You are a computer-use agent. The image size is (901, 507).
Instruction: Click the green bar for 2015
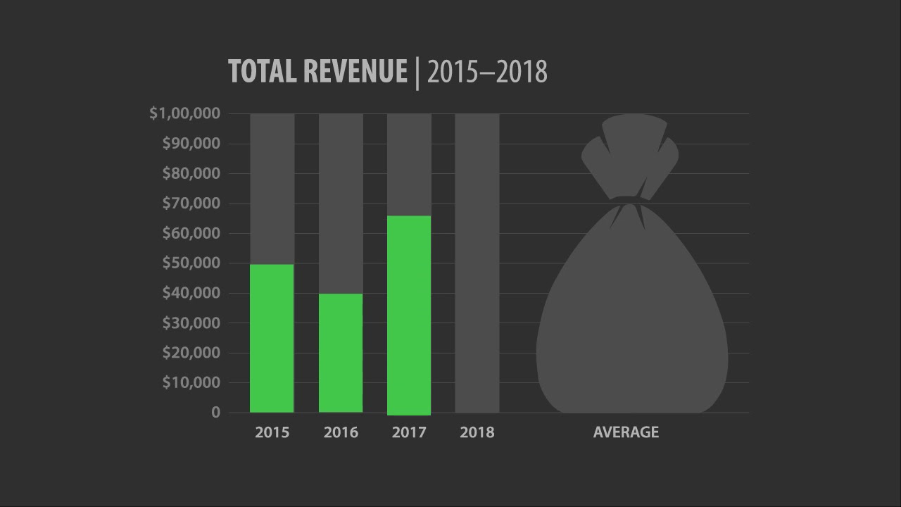(272, 338)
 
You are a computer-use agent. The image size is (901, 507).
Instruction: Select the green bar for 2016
(341, 353)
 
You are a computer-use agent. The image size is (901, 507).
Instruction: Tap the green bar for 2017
(409, 315)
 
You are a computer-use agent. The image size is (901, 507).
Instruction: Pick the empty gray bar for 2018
(477, 263)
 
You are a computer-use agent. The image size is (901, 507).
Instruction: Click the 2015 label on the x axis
(272, 432)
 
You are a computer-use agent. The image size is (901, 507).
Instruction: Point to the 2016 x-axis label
(341, 432)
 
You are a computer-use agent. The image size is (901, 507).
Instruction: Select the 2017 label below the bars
(409, 432)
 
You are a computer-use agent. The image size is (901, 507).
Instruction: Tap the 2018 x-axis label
(477, 432)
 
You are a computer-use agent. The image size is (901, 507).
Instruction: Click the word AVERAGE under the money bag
(626, 432)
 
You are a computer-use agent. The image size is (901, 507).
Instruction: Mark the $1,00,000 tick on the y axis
(185, 113)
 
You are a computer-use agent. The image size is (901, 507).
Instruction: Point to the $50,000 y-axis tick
(191, 263)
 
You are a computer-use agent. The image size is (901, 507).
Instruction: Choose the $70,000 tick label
(191, 204)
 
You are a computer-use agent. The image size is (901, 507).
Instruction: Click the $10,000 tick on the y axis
(191, 382)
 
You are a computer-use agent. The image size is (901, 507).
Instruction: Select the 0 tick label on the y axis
(215, 413)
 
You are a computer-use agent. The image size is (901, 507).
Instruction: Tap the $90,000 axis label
(191, 144)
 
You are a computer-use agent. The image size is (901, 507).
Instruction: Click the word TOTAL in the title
(263, 72)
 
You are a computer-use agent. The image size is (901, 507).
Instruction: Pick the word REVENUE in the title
(355, 72)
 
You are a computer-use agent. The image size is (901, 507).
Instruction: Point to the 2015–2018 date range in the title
(487, 72)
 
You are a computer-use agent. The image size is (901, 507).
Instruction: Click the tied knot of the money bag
(628, 201)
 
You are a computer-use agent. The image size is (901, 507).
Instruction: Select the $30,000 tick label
(191, 323)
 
